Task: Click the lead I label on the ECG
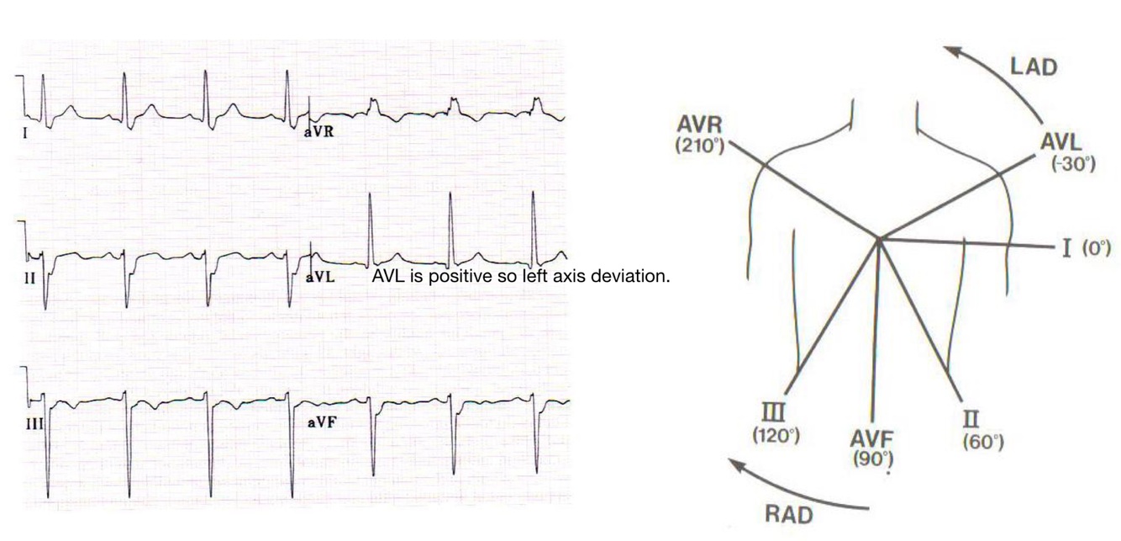[x=26, y=131]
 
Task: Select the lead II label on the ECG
[x=30, y=276]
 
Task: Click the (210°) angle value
[x=699, y=145]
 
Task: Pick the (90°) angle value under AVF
[x=871, y=459]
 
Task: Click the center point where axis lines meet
[x=878, y=239]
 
